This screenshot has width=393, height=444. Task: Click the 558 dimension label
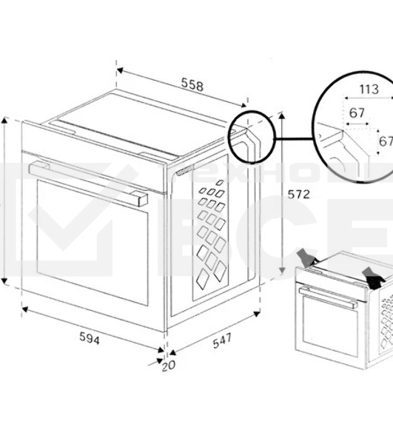coord(192,85)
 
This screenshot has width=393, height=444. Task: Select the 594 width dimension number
coord(89,338)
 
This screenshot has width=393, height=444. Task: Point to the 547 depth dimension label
coord(221,340)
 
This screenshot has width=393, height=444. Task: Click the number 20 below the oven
coord(169,365)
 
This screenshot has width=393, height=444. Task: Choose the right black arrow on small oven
coord(373,279)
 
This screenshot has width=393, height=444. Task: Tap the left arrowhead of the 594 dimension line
coord(24,309)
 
